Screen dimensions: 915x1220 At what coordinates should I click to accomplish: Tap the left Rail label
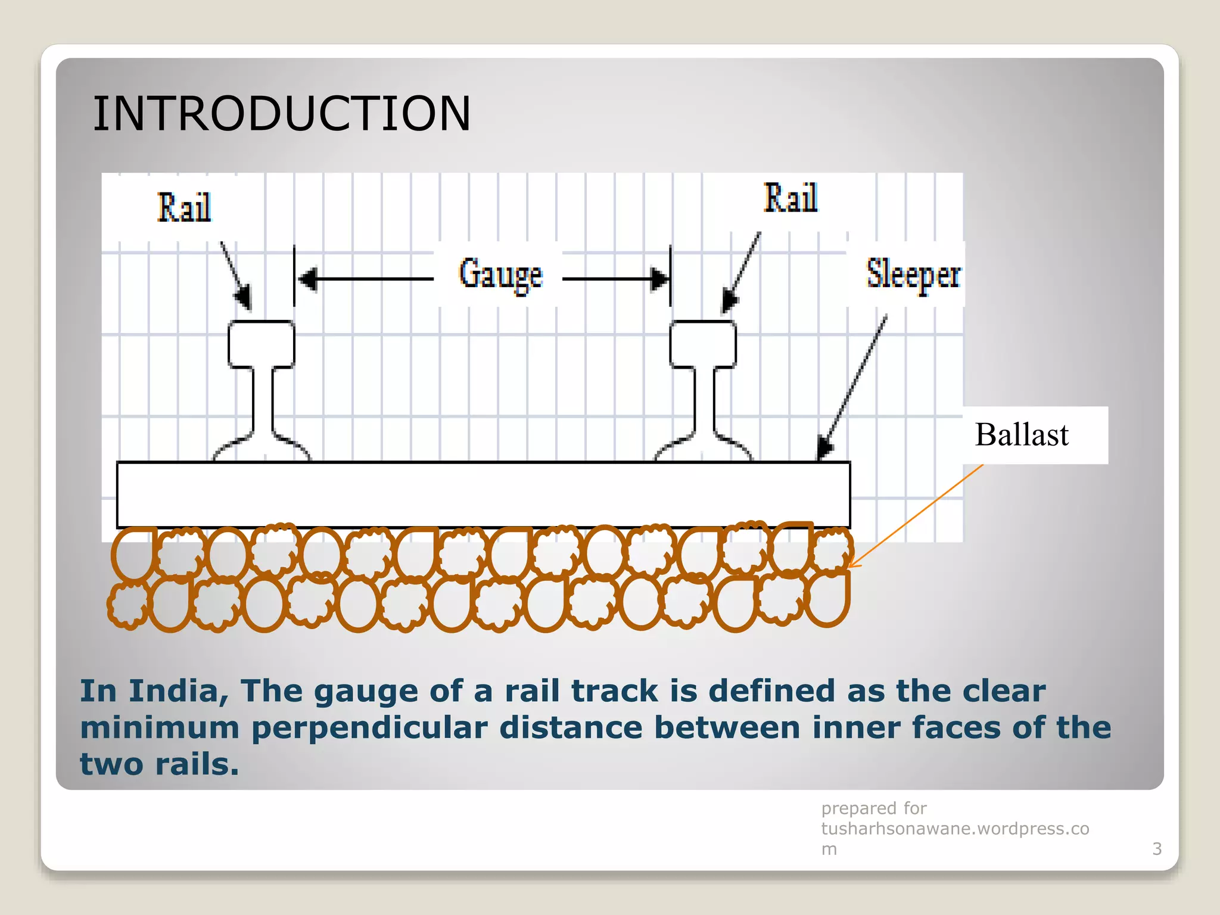coord(183,208)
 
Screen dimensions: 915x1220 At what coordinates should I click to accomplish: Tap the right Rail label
coord(790,198)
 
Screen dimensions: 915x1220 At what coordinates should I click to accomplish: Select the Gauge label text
coord(500,275)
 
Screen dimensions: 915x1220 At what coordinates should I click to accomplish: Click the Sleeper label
coord(913,275)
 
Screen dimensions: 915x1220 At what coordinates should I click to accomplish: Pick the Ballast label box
coord(1035,435)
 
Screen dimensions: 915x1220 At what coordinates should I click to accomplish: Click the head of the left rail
coord(262,344)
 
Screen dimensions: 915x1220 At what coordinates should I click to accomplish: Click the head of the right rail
coord(703,344)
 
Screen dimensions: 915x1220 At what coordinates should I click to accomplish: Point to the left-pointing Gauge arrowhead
coord(307,278)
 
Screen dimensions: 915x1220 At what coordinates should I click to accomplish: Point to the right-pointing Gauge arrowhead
coord(659,278)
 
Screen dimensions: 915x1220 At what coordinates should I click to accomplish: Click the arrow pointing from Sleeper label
coord(853,387)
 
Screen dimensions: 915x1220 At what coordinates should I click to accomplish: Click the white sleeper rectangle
coord(483,494)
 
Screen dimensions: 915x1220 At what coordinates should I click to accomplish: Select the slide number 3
coord(1157,848)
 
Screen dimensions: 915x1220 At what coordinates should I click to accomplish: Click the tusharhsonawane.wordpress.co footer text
coord(954,829)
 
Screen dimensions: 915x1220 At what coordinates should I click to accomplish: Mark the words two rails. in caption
coord(159,764)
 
